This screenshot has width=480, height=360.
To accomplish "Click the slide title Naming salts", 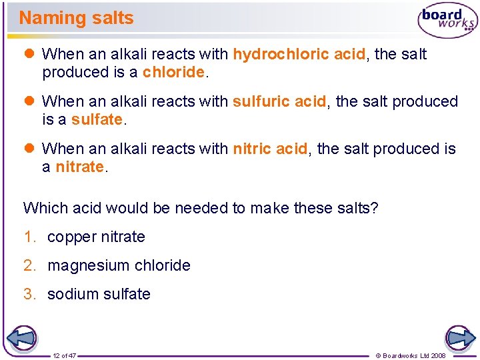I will click(76, 18).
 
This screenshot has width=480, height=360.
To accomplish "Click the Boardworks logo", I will click(447, 21).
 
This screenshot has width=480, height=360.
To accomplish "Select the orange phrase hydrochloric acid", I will click(299, 54).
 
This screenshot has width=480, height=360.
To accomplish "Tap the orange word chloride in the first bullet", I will click(173, 72).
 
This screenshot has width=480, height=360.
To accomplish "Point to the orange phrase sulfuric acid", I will click(279, 101).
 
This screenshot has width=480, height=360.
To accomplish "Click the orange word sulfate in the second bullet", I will click(97, 120).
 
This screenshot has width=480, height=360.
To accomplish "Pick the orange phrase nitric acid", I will click(270, 149).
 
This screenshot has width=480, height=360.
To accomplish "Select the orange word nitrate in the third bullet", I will click(79, 167).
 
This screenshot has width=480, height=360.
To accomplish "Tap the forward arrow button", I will click(459, 338).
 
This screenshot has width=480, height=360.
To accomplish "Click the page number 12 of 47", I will click(65, 355).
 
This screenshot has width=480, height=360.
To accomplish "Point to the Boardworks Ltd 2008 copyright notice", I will click(411, 355).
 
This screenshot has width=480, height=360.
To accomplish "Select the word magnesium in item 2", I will click(79, 266).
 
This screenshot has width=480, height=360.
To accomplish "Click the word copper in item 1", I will click(71, 237).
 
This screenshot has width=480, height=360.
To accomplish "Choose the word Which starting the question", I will click(44, 208).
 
